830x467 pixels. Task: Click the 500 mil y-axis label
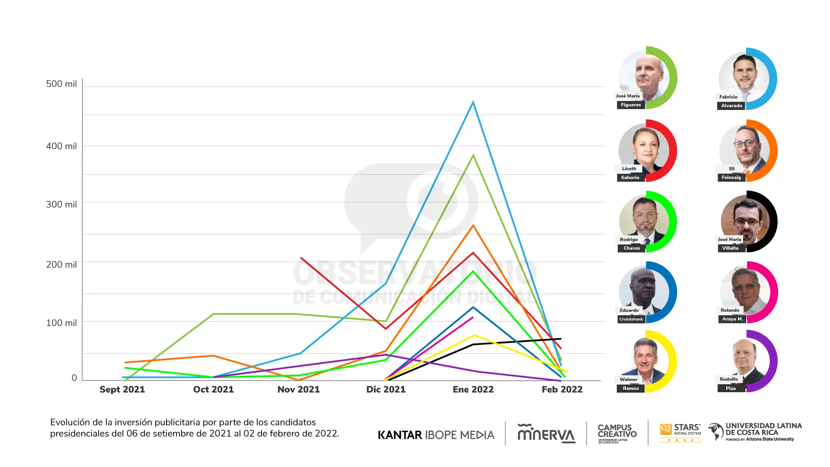click(x=61, y=84)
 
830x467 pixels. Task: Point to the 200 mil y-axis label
click(x=61, y=264)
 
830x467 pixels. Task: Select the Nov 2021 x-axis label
click(x=298, y=389)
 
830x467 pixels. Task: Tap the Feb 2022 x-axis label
click(x=562, y=389)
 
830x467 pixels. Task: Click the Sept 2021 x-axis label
click(x=122, y=389)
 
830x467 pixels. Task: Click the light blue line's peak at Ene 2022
click(x=473, y=102)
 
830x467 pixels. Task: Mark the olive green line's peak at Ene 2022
click(x=473, y=155)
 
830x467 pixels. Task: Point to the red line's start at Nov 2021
click(x=301, y=258)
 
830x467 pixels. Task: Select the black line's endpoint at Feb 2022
click(x=561, y=339)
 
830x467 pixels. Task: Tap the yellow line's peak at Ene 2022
click(x=475, y=335)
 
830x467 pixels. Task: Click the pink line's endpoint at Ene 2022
click(x=473, y=317)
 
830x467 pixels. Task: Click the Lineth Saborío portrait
click(x=644, y=150)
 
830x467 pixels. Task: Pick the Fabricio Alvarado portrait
click(x=744, y=78)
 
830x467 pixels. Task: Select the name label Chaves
click(x=632, y=248)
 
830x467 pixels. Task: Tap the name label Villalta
click(x=730, y=248)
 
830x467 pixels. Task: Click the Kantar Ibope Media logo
click(x=436, y=435)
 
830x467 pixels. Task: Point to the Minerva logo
click(x=546, y=433)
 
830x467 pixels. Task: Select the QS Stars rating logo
click(x=680, y=432)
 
